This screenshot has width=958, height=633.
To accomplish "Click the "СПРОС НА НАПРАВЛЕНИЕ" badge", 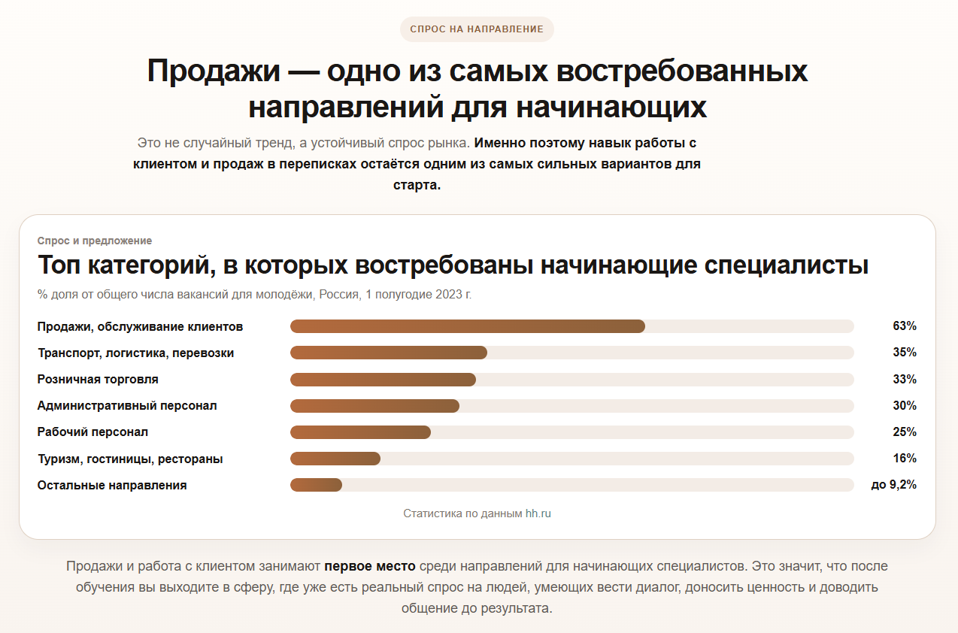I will (x=477, y=29).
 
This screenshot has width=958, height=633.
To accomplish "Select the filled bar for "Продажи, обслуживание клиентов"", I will (x=467, y=326).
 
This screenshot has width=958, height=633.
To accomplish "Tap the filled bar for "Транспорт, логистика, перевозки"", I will (x=388, y=353).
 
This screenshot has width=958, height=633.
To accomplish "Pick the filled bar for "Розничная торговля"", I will (x=383, y=380).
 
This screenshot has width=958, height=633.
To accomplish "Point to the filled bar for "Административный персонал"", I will (x=374, y=406).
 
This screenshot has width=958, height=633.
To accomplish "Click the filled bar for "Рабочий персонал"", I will (x=360, y=432).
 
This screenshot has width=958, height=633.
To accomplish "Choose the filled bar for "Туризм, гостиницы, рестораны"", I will (x=335, y=459).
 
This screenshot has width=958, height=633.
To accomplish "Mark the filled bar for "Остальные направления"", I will (x=316, y=486).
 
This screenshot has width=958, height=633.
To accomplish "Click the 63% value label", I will (x=904, y=326).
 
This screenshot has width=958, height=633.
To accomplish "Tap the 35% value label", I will (x=904, y=353).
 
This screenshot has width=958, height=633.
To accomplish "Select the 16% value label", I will (x=904, y=459).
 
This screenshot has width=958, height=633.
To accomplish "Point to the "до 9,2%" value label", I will (x=893, y=486).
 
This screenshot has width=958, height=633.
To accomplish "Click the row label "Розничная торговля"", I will (x=98, y=380).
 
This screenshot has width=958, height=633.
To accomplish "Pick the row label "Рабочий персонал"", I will (x=92, y=432).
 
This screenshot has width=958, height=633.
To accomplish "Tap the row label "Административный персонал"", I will (x=127, y=406).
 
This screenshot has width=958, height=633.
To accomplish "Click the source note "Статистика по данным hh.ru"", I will (x=477, y=514).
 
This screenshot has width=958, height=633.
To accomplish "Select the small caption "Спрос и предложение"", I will (x=95, y=241).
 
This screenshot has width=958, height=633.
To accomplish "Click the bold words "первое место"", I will (x=370, y=566).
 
